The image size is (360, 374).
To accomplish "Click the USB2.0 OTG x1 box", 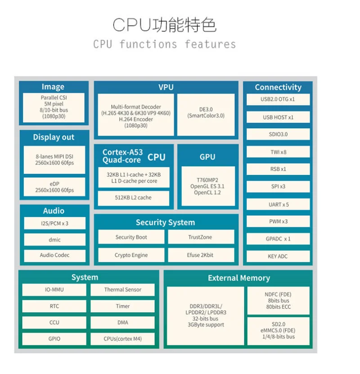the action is [x=278, y=100].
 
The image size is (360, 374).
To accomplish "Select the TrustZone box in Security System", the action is [x=201, y=237].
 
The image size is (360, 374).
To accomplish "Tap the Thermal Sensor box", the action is [x=122, y=290].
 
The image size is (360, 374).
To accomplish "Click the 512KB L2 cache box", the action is [x=133, y=198].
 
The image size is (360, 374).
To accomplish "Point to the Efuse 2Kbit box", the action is [x=201, y=255].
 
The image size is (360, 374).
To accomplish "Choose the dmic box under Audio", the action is [x=54, y=239].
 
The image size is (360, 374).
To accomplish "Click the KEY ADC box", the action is [x=278, y=256].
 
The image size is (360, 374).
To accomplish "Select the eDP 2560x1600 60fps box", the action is [x=54, y=187].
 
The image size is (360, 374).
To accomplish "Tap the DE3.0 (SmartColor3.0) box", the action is [x=206, y=115].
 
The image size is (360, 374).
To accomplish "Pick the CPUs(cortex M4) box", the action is [x=122, y=339].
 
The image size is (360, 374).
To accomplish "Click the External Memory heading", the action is [x=239, y=278].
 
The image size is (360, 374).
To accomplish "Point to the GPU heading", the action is [x=207, y=157].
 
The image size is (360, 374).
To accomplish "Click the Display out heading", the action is [x=54, y=137].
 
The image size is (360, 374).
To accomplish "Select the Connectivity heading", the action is [x=278, y=87].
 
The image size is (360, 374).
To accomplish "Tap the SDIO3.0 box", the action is [x=278, y=134].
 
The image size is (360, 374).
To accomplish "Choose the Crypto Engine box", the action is [x=131, y=255].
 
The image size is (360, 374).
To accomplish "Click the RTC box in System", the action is [x=54, y=306].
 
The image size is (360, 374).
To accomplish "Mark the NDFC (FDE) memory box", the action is [x=278, y=301].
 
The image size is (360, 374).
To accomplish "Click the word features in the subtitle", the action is [x=210, y=44].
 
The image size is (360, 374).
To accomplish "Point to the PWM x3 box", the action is [x=278, y=222].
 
